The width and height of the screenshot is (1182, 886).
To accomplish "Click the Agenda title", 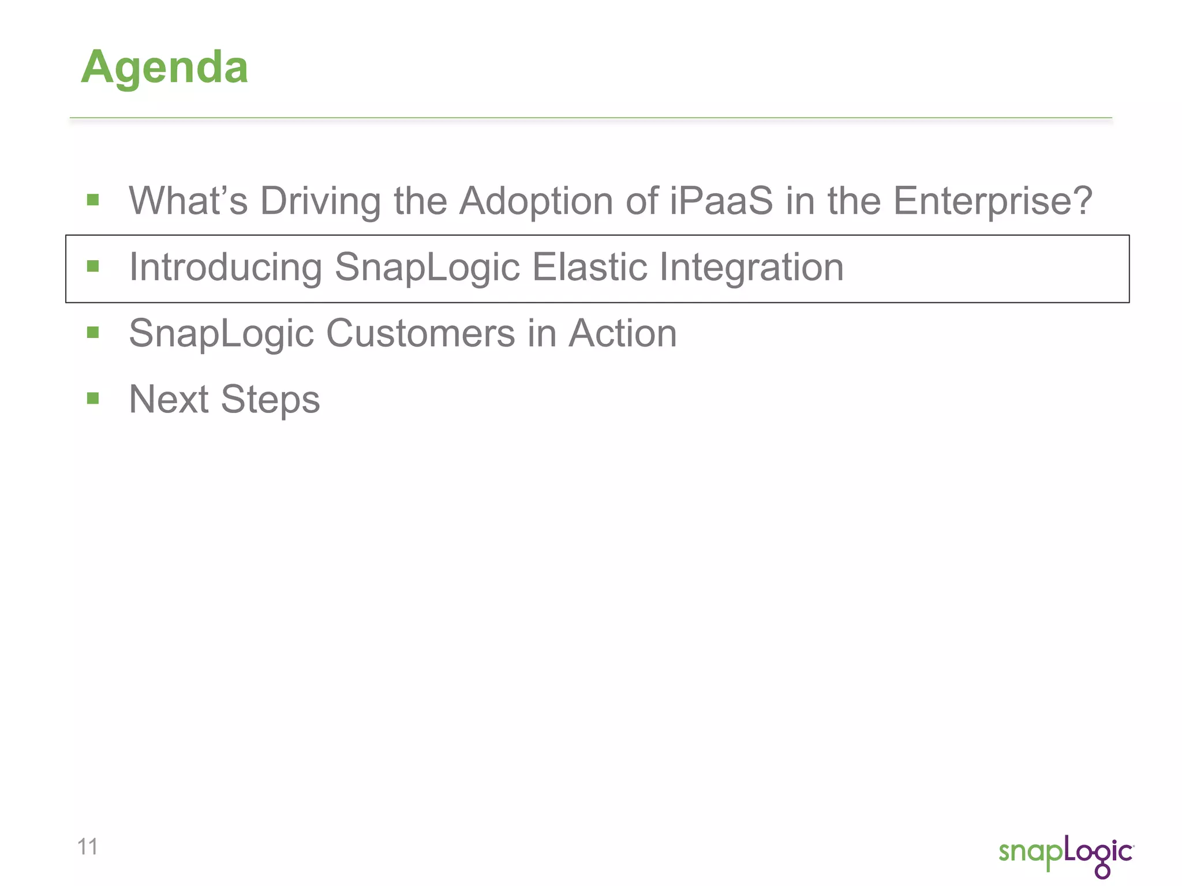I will pyautogui.click(x=164, y=68).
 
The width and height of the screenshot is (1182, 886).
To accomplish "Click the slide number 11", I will pyautogui.click(x=87, y=847).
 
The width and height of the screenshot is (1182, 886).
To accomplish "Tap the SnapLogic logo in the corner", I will pyautogui.click(x=1065, y=854).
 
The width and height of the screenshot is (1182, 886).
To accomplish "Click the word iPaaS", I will pyautogui.click(x=721, y=201).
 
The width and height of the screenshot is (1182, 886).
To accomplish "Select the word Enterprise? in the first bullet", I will pyautogui.click(x=993, y=201).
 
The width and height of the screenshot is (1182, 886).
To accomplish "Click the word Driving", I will pyautogui.click(x=320, y=201).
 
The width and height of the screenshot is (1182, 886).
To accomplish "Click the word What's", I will pyautogui.click(x=188, y=201).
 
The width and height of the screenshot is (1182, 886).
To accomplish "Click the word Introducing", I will pyautogui.click(x=225, y=268).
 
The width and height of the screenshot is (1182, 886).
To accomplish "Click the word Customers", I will pyautogui.click(x=420, y=333).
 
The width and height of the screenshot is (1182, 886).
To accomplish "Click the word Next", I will pyautogui.click(x=169, y=399).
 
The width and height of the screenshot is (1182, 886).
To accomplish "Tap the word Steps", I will pyautogui.click(x=270, y=399).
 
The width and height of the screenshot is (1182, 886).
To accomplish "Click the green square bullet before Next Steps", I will pyautogui.click(x=93, y=399).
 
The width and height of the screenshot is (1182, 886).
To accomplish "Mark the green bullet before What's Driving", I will pyautogui.click(x=93, y=200).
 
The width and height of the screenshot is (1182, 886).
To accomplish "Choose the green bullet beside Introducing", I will pyautogui.click(x=93, y=266).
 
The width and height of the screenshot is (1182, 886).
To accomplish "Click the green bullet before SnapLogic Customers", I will pyautogui.click(x=93, y=332).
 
